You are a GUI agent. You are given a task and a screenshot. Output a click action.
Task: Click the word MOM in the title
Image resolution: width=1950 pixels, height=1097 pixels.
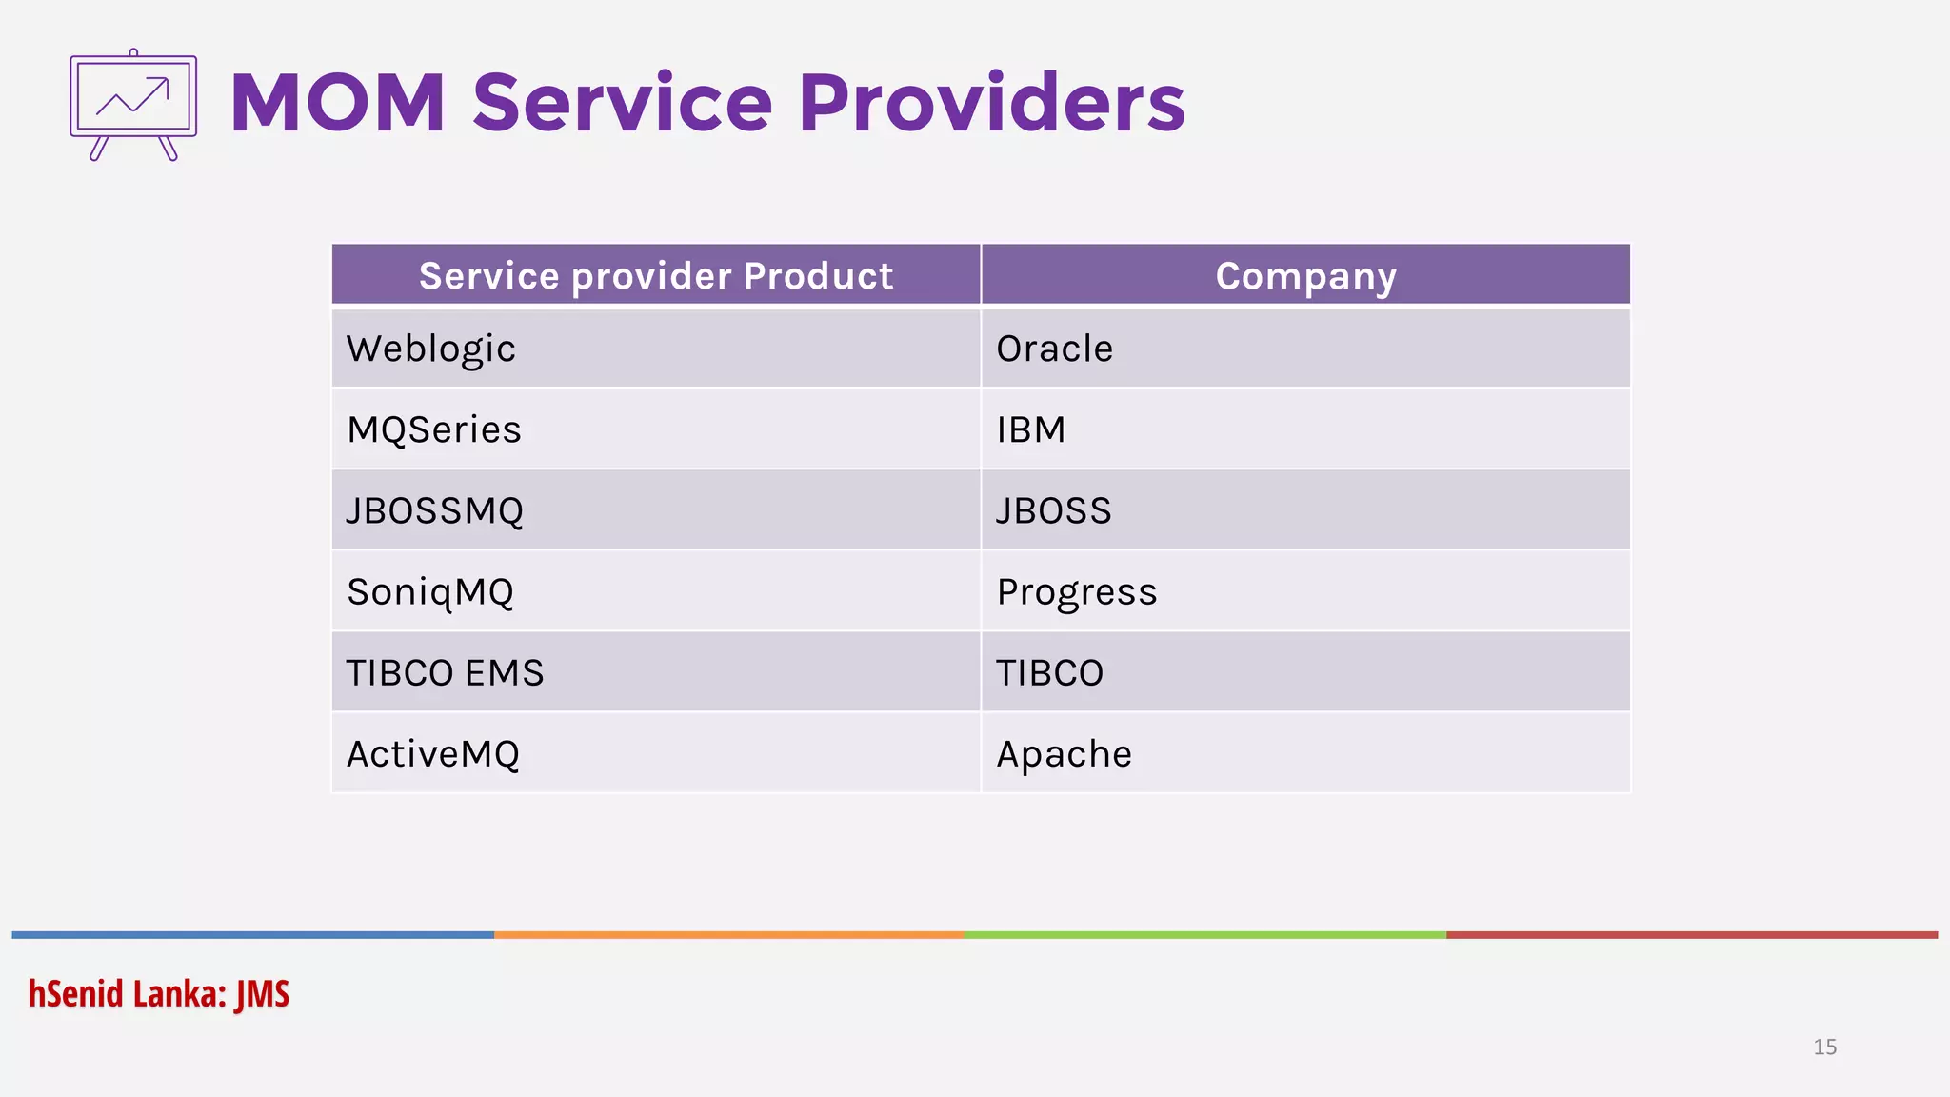(x=337, y=103)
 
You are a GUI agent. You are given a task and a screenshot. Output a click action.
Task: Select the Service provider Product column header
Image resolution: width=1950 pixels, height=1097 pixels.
(x=656, y=275)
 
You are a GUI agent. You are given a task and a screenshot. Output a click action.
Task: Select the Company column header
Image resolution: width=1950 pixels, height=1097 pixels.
(x=1305, y=275)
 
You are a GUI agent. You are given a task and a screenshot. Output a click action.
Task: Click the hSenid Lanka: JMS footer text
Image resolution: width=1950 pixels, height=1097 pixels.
(x=158, y=993)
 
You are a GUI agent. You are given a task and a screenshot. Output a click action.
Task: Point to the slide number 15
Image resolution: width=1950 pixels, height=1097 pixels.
(x=1824, y=1047)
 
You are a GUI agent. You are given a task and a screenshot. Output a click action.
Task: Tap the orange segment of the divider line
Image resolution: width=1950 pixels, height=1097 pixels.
(x=728, y=935)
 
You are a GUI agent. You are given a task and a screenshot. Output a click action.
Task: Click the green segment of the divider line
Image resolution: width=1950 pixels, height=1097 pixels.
(x=1204, y=935)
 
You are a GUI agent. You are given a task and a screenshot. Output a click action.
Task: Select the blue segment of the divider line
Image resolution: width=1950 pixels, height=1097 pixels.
(x=252, y=935)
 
